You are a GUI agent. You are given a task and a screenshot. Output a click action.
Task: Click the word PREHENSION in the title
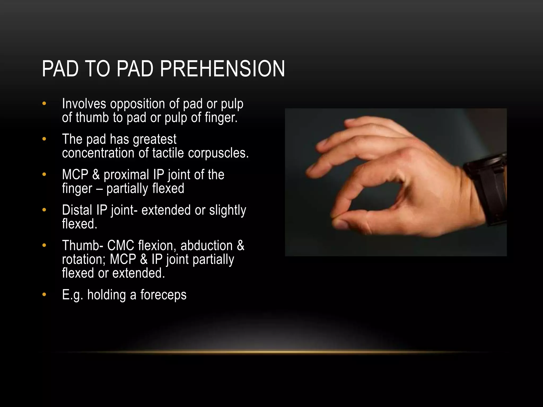pos(222,69)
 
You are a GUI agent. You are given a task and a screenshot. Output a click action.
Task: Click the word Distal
pos(77,210)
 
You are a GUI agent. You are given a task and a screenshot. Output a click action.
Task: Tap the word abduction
pos(207,246)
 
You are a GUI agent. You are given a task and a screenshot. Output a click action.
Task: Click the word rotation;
pos(84,259)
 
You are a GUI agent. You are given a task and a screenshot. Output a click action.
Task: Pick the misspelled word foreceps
pos(163,295)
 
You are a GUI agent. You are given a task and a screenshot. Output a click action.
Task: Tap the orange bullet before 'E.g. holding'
pos(44,294)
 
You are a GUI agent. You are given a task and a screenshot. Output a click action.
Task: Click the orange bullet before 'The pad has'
pos(44,139)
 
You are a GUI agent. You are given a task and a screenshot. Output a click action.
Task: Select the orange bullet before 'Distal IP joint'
pos(44,210)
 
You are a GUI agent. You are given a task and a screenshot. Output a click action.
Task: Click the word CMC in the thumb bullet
pos(121,246)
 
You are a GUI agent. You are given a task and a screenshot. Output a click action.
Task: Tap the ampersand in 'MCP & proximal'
pos(96,175)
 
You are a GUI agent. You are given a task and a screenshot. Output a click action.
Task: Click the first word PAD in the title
pos(60,69)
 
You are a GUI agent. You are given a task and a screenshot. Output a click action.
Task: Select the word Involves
pos(84,104)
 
